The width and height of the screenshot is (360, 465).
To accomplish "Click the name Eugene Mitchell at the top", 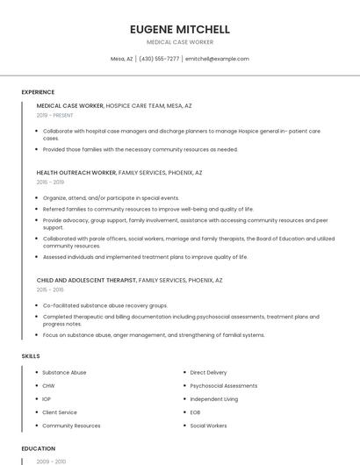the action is click(x=179, y=29).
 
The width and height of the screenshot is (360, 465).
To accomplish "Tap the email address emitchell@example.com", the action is click(x=217, y=59).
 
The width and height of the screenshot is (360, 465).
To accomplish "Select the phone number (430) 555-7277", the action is click(x=159, y=59).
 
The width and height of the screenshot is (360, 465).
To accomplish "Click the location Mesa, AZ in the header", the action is click(x=122, y=59).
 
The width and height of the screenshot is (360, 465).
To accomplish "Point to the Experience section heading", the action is click(x=38, y=91).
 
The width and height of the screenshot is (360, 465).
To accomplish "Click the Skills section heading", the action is click(x=31, y=355).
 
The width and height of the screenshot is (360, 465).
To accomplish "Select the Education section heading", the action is click(x=39, y=447).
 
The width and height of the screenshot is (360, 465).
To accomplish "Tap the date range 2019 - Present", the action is click(x=54, y=115).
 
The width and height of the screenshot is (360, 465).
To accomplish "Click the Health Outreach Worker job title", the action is click(x=76, y=173).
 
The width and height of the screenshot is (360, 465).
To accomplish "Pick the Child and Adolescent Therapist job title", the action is click(x=86, y=280).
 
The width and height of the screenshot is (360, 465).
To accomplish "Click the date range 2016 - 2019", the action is click(x=50, y=182).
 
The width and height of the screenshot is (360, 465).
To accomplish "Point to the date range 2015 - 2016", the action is click(x=50, y=290).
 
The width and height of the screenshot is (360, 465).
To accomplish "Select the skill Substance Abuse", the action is click(x=64, y=372).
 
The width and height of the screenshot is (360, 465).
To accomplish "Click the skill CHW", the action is click(x=48, y=385).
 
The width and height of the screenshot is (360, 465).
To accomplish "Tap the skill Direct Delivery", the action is click(x=208, y=372).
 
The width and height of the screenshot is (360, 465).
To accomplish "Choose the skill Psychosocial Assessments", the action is click(x=224, y=385).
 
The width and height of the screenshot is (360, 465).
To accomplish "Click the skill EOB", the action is click(x=196, y=411).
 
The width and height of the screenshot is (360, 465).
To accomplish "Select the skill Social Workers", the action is click(x=208, y=425).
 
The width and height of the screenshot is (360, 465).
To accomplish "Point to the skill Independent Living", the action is click(x=213, y=398).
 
